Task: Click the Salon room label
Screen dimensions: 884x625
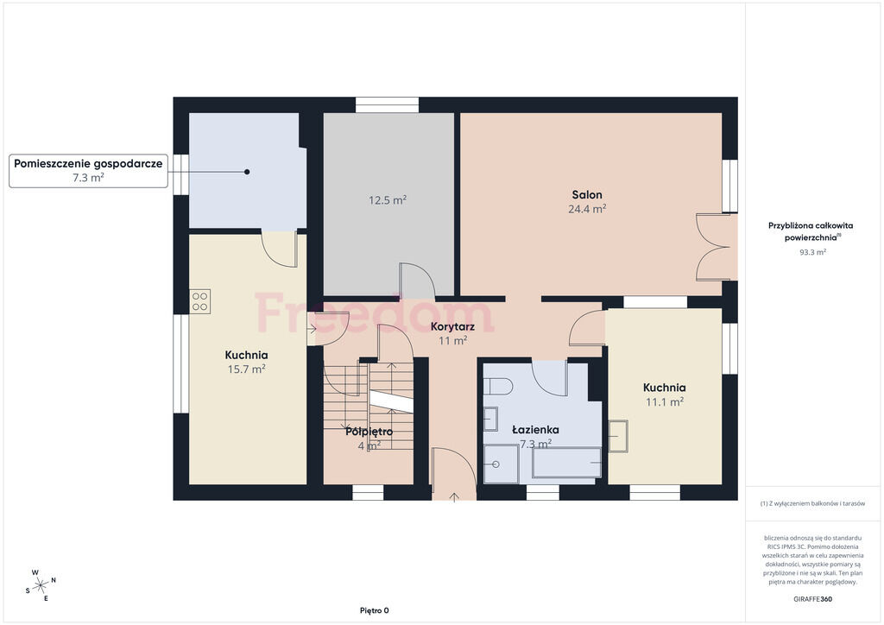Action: (x=587, y=195)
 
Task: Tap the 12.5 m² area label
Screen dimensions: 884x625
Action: (x=388, y=200)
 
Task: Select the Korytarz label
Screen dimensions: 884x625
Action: (x=452, y=327)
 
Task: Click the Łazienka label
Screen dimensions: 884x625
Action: (x=535, y=430)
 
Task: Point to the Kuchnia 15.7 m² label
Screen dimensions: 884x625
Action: (x=246, y=362)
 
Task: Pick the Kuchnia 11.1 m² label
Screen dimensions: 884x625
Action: (x=665, y=395)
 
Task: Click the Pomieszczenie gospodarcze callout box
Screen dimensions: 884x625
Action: (x=89, y=170)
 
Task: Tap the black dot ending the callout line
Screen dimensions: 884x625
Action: (x=247, y=172)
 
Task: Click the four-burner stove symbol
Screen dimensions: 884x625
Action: (x=200, y=301)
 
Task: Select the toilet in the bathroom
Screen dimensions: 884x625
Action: (x=498, y=387)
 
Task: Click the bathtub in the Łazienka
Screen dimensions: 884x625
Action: (x=567, y=464)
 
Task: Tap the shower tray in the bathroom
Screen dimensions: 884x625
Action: (x=502, y=464)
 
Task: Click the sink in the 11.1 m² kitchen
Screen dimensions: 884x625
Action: (x=618, y=436)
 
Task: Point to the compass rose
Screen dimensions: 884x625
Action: (x=41, y=586)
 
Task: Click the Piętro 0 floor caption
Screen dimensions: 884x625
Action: (x=375, y=611)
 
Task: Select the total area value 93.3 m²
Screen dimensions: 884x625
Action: (x=812, y=252)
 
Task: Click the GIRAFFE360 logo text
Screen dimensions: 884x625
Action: (x=812, y=599)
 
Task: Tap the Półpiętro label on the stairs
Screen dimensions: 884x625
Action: (x=369, y=432)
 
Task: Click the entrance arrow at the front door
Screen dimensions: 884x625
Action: (x=454, y=496)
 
